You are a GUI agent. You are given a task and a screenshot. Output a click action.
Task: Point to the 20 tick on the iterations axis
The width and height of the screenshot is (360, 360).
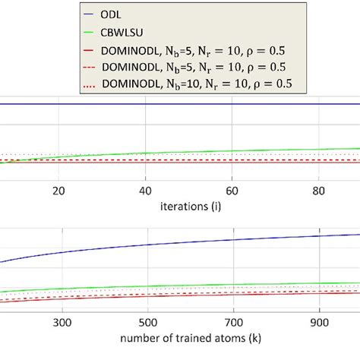[x=59, y=191]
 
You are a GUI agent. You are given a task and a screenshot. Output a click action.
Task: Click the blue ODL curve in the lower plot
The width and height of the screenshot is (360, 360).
[x=190, y=244]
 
